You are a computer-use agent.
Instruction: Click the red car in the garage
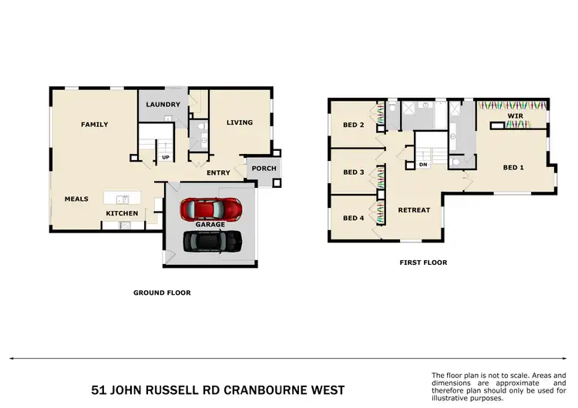click(210, 209)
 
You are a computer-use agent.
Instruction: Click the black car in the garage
click(211, 242)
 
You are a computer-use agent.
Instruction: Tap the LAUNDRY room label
click(163, 105)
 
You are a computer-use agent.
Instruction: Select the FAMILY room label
click(95, 125)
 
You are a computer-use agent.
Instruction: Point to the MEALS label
click(76, 199)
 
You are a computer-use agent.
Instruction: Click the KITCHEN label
click(122, 213)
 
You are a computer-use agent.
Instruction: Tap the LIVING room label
click(239, 122)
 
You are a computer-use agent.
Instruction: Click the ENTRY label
click(218, 173)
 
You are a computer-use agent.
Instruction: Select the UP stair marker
click(166, 159)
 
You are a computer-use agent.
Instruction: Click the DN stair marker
click(422, 165)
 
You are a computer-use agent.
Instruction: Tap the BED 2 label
click(353, 125)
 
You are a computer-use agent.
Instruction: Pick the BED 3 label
click(353, 172)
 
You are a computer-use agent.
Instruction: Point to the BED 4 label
click(353, 218)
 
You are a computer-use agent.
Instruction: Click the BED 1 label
click(513, 167)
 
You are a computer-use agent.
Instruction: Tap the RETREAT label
click(414, 210)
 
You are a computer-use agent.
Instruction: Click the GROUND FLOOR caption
click(162, 293)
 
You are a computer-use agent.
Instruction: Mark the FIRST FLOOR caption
click(422, 263)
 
